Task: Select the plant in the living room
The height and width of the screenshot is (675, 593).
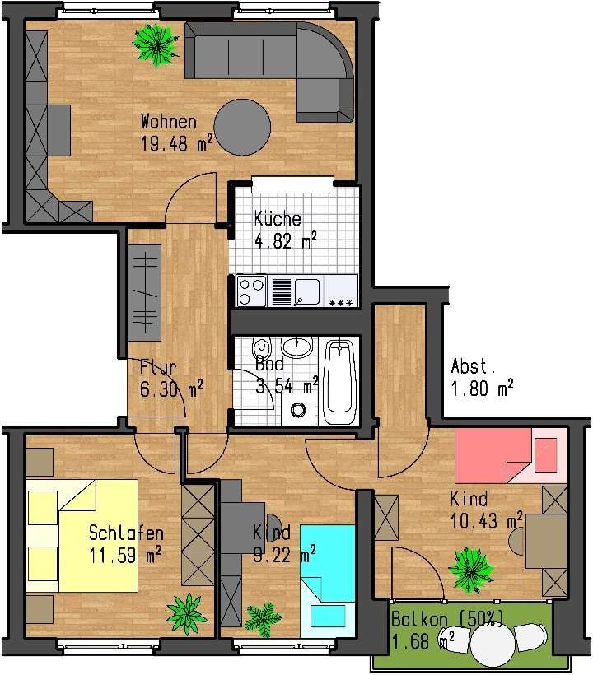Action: [x=155, y=43]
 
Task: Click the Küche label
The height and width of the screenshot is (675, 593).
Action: [x=278, y=219]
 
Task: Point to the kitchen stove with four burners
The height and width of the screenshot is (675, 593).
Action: [x=250, y=291]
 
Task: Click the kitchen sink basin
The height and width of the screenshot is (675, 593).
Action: [x=307, y=290]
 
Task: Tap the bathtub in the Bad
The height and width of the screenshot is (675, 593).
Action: [x=339, y=381]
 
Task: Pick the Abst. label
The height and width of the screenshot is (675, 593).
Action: [x=474, y=367]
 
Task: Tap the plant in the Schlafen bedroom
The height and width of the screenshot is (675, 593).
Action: [x=184, y=613]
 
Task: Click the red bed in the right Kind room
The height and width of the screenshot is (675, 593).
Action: [x=494, y=454]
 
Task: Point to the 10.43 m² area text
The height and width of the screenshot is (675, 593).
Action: [x=486, y=521]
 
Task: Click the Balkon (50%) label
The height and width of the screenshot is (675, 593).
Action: [x=444, y=619]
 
